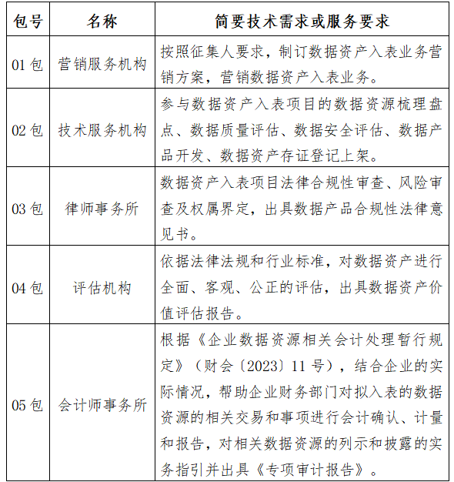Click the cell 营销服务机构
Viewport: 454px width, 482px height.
pyautogui.click(x=102, y=65)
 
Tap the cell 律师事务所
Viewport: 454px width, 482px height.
pyautogui.click(x=102, y=209)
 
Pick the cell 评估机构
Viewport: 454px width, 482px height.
pyautogui.click(x=102, y=288)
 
